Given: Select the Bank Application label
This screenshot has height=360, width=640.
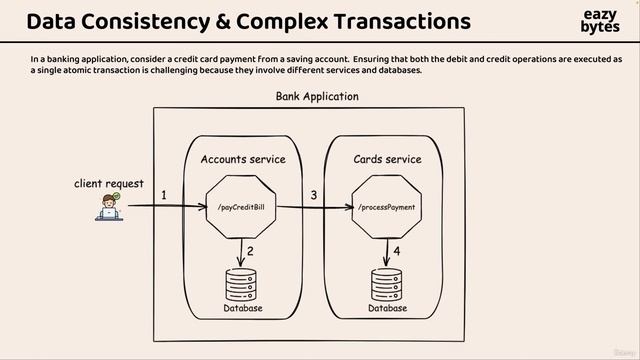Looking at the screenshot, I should click(x=316, y=97).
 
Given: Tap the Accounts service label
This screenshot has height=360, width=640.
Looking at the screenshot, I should click(x=243, y=159).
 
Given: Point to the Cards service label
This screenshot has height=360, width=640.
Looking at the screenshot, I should click(x=387, y=159).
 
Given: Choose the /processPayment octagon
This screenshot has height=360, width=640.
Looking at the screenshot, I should click(x=387, y=207).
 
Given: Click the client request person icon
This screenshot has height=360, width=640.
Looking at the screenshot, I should click(x=110, y=206).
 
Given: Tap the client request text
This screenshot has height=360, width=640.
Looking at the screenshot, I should click(x=109, y=184).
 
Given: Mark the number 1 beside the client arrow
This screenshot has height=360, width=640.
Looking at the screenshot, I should click(x=164, y=195).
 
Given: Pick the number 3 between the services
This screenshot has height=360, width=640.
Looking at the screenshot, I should click(x=313, y=195).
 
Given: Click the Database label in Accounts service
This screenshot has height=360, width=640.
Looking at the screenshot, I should click(x=243, y=308).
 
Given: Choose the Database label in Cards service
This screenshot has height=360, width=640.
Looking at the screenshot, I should click(x=388, y=308).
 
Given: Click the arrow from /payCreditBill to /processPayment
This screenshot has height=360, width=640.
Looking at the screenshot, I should click(x=313, y=208).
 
